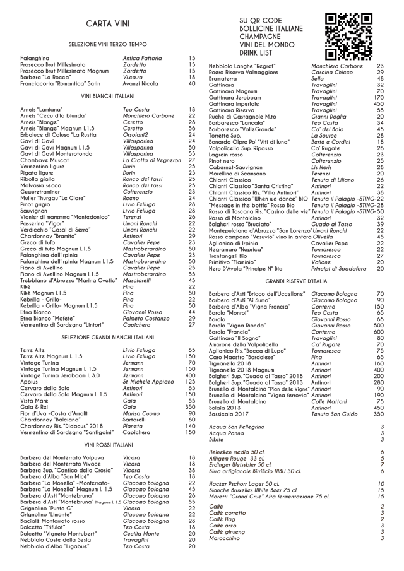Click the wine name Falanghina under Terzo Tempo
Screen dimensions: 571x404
coord(35,58)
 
